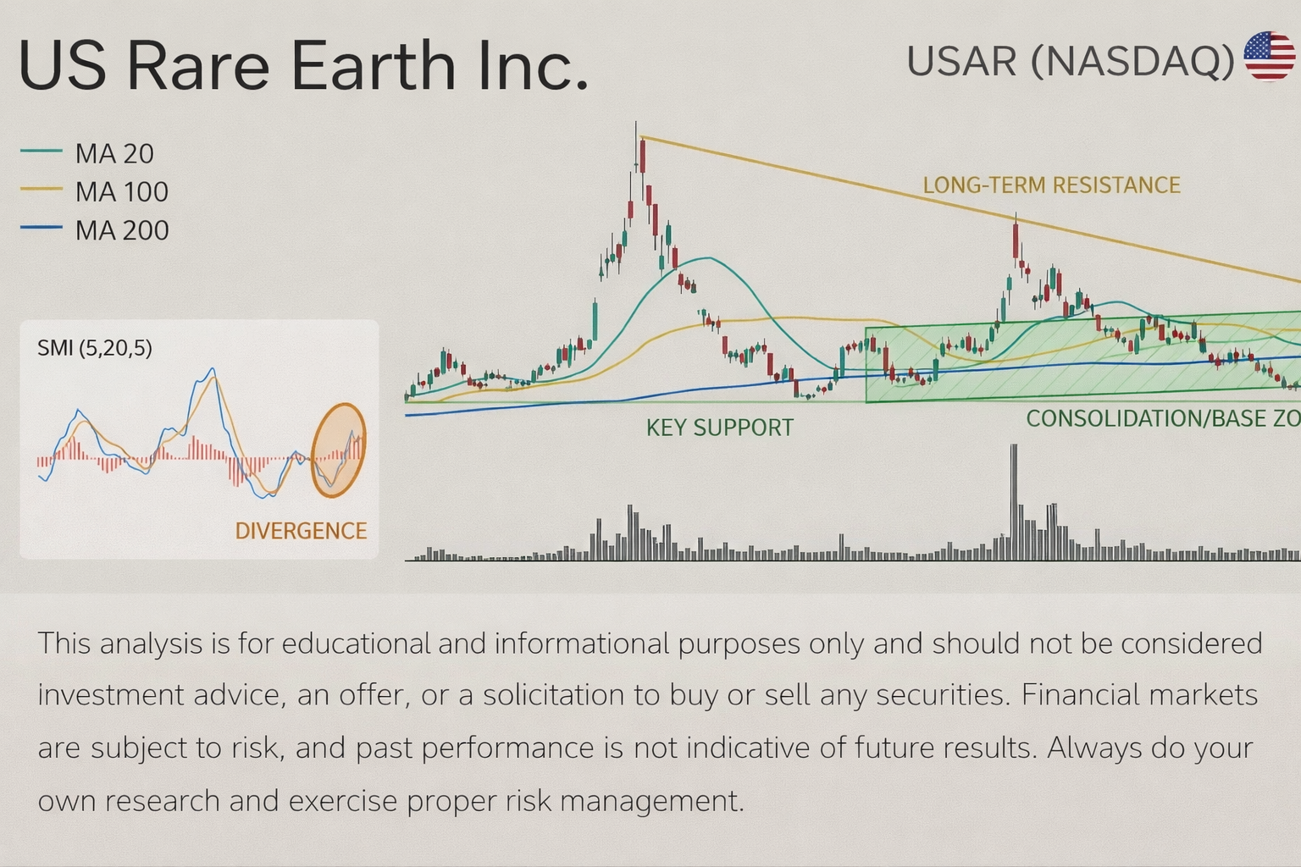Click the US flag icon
(1269, 57)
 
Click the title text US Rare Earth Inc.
(303, 66)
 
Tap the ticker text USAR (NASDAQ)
(1070, 61)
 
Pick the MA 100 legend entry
(95, 192)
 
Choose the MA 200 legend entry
(95, 230)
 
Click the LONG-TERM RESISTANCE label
(1051, 185)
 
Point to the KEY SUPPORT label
(719, 428)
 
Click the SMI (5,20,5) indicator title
(95, 348)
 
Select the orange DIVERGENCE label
(301, 531)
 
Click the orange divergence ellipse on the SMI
(338, 450)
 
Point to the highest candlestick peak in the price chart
(637, 127)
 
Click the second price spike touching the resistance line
(1016, 222)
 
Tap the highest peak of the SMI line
(213, 369)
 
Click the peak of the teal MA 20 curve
(703, 258)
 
